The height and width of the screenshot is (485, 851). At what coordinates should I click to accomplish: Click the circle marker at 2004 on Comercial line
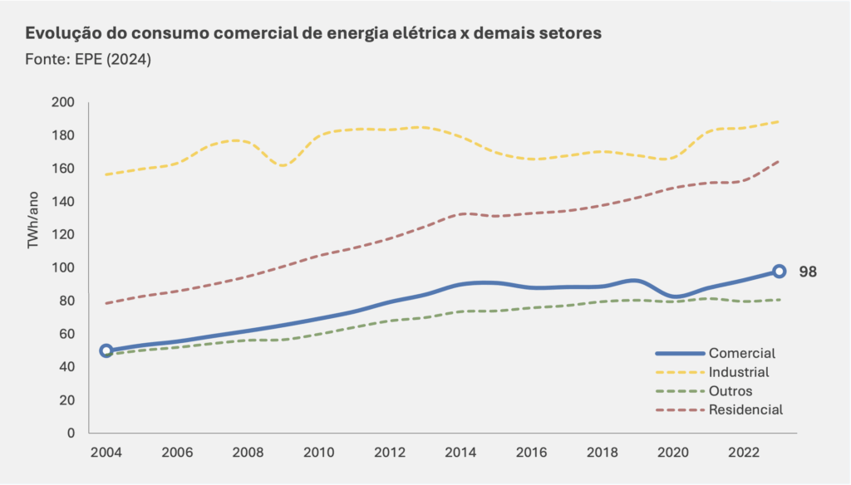click(106, 350)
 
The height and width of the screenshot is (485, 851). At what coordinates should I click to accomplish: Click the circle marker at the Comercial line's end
click(779, 271)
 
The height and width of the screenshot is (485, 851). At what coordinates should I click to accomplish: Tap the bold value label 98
click(808, 272)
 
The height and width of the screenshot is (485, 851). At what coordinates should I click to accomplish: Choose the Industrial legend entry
click(739, 372)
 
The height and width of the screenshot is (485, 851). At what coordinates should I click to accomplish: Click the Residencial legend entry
click(745, 409)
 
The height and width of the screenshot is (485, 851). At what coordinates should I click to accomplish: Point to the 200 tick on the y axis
click(63, 102)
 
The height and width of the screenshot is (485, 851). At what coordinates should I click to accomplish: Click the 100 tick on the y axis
click(63, 267)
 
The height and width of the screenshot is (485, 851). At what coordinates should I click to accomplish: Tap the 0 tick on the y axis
click(71, 433)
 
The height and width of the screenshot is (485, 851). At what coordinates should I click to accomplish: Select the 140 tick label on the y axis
click(63, 202)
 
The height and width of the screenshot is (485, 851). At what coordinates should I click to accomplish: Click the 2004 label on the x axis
click(106, 453)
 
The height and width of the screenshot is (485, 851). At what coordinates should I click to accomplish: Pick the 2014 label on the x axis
click(460, 453)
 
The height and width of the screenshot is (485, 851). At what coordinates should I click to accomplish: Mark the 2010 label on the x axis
click(319, 453)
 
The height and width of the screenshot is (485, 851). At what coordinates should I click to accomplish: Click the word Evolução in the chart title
click(61, 34)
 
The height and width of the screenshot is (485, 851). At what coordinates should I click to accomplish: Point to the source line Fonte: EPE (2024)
click(88, 60)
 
